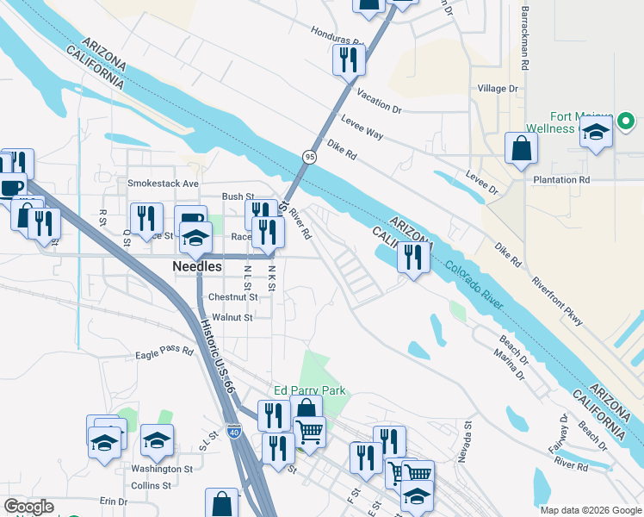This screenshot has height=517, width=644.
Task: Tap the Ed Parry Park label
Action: coord(309,390)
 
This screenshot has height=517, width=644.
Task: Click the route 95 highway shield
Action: coord(308,156)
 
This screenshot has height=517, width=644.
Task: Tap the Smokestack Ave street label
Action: coord(163,184)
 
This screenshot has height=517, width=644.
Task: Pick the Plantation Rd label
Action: coord(560,179)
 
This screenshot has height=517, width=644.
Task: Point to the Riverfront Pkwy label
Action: coord(557,302)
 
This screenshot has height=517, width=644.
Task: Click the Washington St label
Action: coord(162,470)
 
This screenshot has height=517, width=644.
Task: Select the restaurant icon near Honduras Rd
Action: coord(349,59)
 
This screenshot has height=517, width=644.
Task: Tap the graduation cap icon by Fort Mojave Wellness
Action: coord(595,133)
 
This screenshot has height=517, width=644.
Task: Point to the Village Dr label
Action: coord(498,89)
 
